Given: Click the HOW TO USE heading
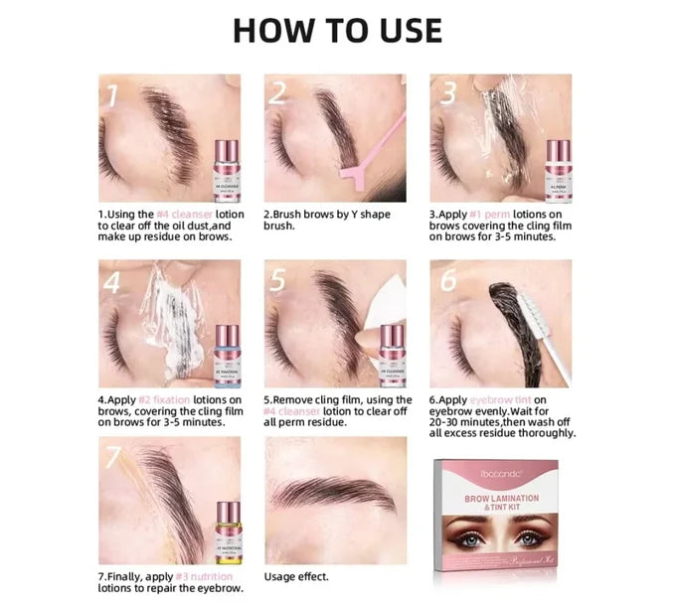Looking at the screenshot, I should tap(337, 29).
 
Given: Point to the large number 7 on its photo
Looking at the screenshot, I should tap(113, 458).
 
